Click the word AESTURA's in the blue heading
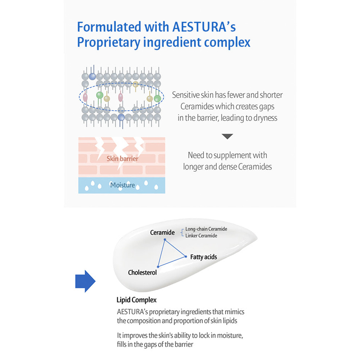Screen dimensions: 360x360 coord(204,27)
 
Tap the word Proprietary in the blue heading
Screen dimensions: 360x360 coord(108,43)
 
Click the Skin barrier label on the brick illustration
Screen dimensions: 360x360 coord(122,159)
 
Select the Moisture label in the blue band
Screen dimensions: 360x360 coord(122,185)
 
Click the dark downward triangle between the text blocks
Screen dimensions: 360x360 coord(227,136)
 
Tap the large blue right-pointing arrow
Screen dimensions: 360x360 coord(85,281)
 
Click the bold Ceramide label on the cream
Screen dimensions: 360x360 coord(162,233)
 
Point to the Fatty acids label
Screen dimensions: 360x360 coord(204,257)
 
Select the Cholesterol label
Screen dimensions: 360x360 coord(142,273)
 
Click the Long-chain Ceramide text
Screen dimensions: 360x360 coord(206,229)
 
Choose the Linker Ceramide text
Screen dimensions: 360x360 coord(201,235)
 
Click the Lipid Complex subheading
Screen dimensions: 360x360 coord(136,300)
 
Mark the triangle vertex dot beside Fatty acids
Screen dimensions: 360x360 coord(186,257)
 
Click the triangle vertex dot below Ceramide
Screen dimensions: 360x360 coord(165,239)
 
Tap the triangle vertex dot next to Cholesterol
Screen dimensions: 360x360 coord(158,266)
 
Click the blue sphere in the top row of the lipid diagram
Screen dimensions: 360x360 coord(92,76)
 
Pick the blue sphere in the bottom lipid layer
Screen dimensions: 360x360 coord(121,117)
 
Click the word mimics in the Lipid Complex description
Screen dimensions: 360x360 coord(234,312)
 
